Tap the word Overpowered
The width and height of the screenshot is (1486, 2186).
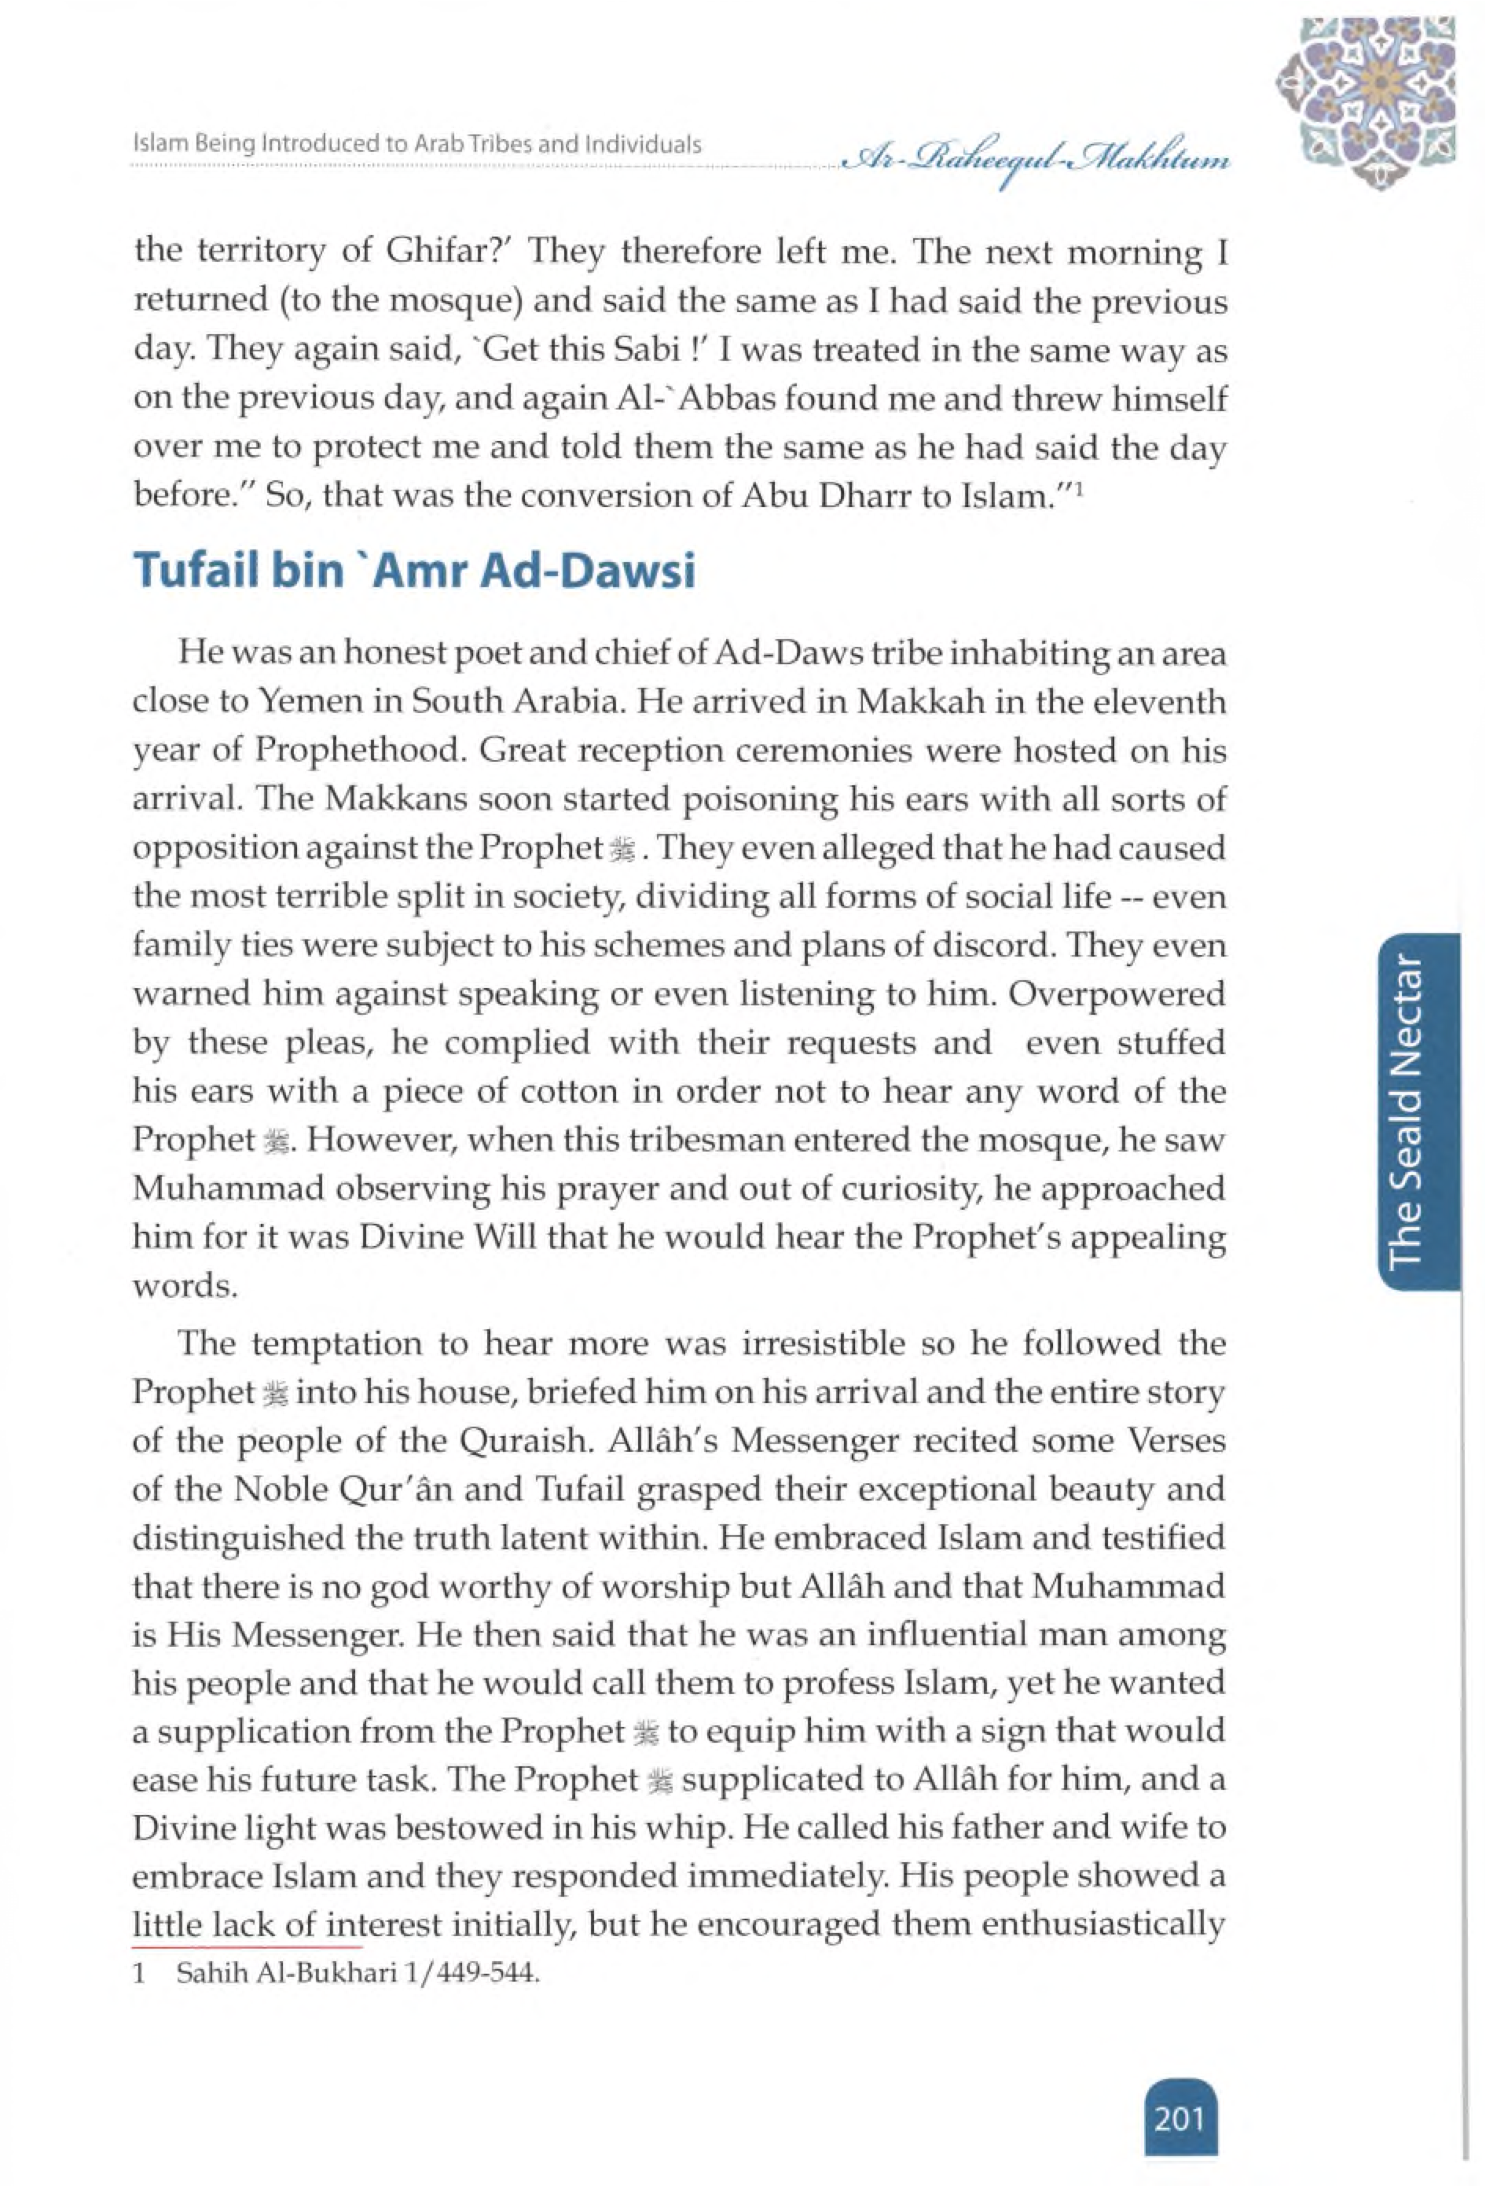click(1118, 994)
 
